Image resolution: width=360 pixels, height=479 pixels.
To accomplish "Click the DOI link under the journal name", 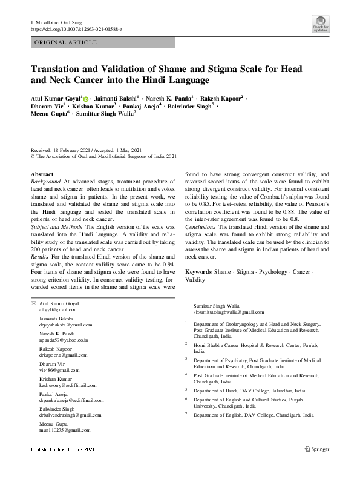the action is [76, 28].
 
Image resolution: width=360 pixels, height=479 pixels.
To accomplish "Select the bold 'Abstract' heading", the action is [42, 174].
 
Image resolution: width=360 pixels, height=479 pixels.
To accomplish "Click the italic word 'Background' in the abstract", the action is [45, 181].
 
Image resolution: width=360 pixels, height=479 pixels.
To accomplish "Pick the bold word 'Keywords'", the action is [198, 273].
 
